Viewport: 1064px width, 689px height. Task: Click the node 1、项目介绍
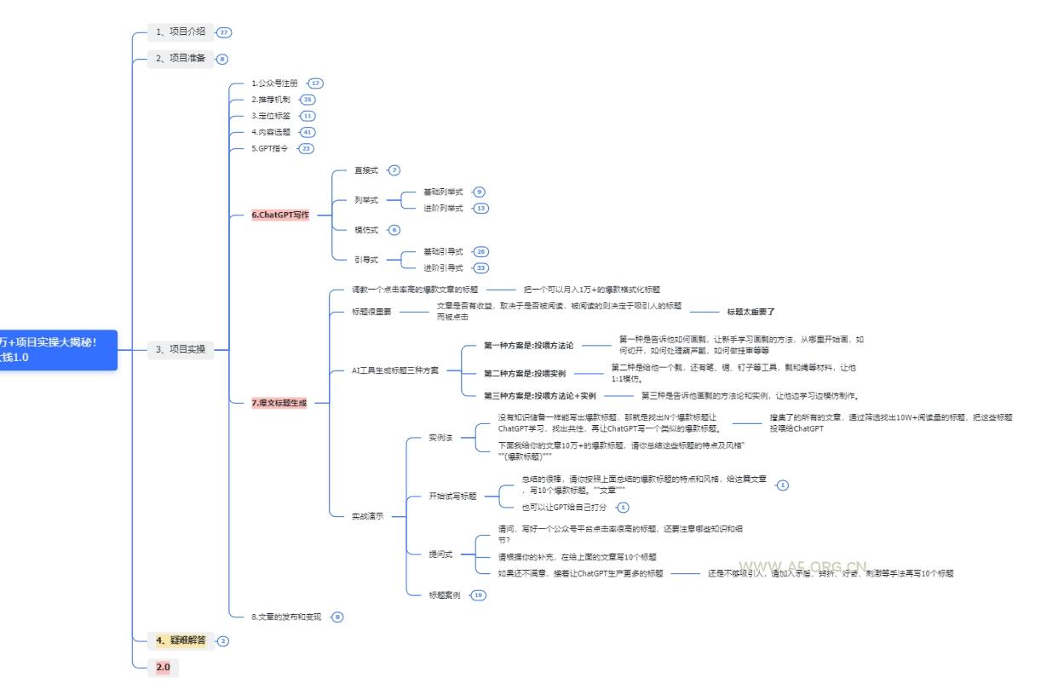[x=180, y=32]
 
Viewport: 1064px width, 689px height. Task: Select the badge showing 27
[x=224, y=32]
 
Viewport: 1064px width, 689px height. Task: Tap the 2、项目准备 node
[x=180, y=59]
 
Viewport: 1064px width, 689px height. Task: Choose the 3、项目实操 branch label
[x=180, y=349]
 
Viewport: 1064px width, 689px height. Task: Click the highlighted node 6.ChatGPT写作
[x=280, y=215]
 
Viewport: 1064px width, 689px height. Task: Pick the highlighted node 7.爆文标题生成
[x=279, y=403]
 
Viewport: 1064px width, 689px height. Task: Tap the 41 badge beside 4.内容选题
[x=308, y=132]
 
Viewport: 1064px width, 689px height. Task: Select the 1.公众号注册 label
[x=274, y=83]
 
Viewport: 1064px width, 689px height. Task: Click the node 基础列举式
[x=443, y=192]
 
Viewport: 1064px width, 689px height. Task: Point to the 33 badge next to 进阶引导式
[x=481, y=268]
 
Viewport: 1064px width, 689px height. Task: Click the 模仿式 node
[x=366, y=230]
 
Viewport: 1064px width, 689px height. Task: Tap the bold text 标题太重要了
[x=751, y=313]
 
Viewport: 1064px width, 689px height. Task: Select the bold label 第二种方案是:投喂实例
[x=524, y=373]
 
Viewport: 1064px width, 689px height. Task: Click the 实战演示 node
[x=367, y=516]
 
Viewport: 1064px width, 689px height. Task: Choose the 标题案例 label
[x=444, y=595]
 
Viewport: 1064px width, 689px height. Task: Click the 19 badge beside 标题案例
[x=478, y=595]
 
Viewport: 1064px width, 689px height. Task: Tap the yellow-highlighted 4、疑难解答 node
[x=181, y=640]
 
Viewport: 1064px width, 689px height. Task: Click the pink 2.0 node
[x=163, y=667]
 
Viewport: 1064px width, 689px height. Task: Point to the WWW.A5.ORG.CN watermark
[x=802, y=566]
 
